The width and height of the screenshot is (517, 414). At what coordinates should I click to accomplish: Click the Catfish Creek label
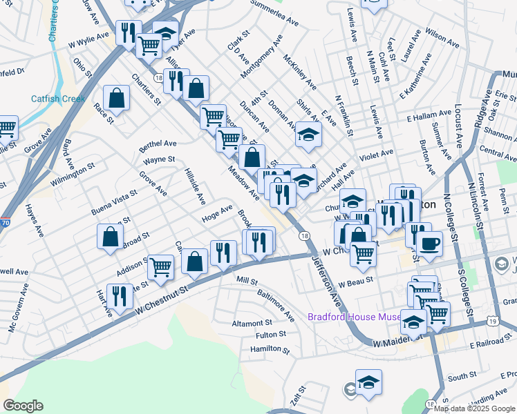click(58, 99)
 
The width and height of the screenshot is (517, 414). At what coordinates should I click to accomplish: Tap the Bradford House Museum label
click(354, 317)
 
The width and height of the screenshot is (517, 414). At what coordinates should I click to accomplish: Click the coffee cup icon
click(430, 244)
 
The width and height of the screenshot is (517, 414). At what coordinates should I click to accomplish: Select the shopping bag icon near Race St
click(117, 98)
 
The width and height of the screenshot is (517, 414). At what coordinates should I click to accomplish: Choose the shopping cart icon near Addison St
click(161, 266)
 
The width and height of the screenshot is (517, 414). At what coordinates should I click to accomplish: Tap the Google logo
click(23, 406)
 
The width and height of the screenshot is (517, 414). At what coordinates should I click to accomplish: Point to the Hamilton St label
click(269, 349)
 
